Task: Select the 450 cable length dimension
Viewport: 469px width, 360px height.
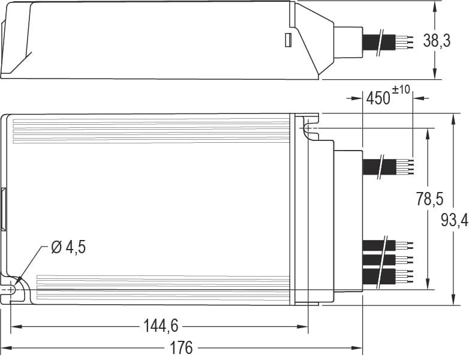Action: tap(378, 98)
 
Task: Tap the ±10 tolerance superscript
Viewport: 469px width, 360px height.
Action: tap(401, 90)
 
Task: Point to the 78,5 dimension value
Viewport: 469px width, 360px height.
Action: tap(429, 199)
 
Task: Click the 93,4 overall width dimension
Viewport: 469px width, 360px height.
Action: tap(454, 220)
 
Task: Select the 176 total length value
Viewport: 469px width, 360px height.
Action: tap(181, 348)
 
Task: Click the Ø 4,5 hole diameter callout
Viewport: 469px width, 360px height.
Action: tap(68, 247)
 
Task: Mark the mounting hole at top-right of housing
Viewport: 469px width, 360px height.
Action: tap(308, 128)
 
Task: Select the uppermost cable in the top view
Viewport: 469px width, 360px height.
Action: tap(387, 166)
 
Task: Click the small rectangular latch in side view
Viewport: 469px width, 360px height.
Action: tap(287, 40)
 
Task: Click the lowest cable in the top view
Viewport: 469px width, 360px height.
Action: tap(387, 277)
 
